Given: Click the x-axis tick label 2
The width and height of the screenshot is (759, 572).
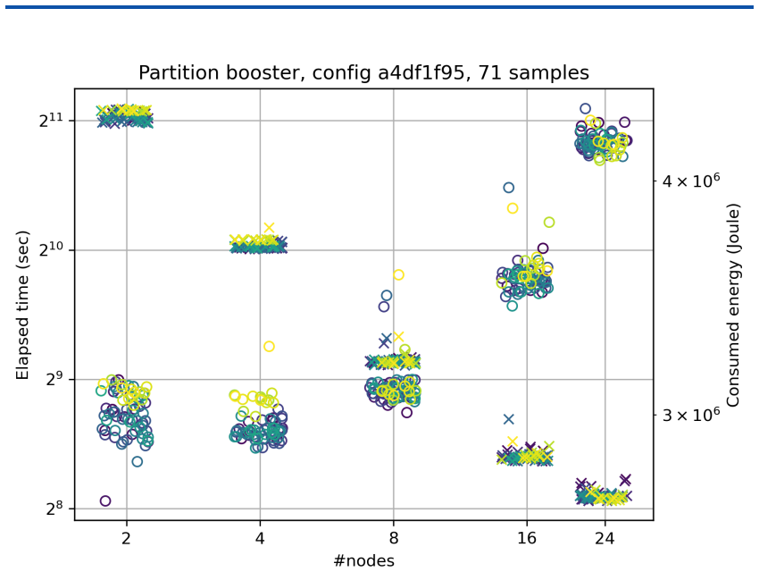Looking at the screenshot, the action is coord(126,538).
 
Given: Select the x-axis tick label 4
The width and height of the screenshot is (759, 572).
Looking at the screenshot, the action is coord(260,538).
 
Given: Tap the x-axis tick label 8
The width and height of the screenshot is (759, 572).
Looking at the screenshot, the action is coord(393,538).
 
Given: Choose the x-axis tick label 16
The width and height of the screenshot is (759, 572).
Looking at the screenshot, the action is coord(526,538).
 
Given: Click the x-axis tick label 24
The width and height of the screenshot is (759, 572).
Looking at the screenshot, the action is coord(605,538).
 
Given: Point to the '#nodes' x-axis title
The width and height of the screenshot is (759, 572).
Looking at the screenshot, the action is coord(364,560).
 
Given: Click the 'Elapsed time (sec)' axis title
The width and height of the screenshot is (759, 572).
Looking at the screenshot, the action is coord(22,305).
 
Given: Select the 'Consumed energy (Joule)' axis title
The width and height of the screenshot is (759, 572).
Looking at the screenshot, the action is coord(733,305).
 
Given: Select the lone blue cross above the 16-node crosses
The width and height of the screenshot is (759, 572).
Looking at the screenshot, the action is coord(508,419).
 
